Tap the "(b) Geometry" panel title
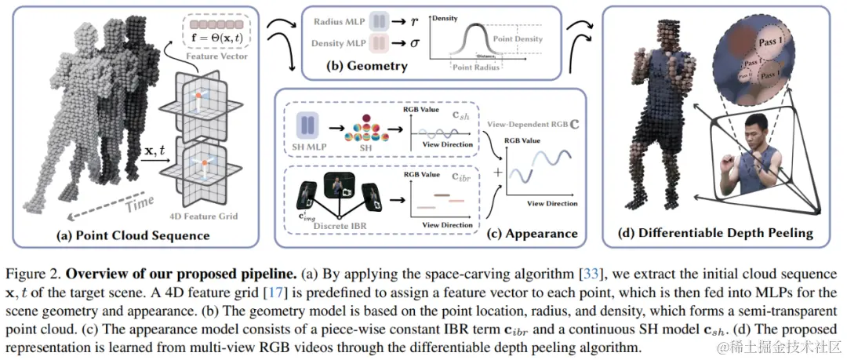tap(367, 67)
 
